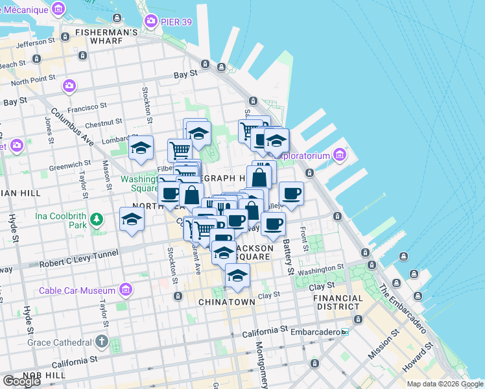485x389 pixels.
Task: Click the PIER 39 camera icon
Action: pos(152,21)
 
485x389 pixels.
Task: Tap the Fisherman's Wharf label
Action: pos(106,32)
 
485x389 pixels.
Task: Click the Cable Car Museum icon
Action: pos(126,289)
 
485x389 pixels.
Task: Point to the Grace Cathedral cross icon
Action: pos(101,341)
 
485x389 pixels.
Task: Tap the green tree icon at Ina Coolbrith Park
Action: pos(97,219)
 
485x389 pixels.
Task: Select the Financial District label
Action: pos(337,303)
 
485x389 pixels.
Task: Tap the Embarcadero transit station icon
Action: pos(345,331)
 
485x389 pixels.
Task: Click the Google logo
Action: pos(21,381)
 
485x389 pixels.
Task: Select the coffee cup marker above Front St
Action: pos(291,193)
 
